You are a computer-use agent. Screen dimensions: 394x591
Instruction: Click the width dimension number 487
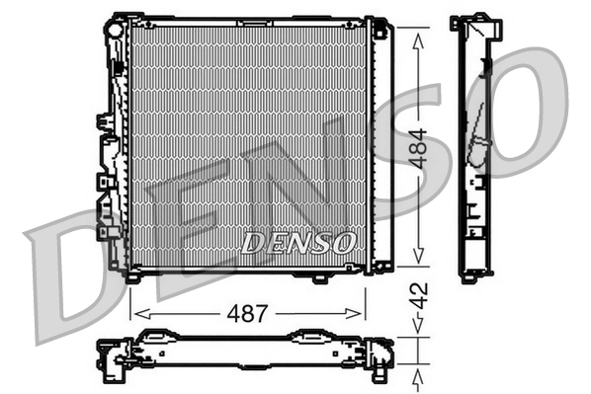pyautogui.click(x=248, y=314)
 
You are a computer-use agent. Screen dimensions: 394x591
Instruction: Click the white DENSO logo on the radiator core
pyautogui.click(x=295, y=241)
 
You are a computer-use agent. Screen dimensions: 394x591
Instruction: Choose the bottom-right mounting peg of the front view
pyautogui.click(x=320, y=278)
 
